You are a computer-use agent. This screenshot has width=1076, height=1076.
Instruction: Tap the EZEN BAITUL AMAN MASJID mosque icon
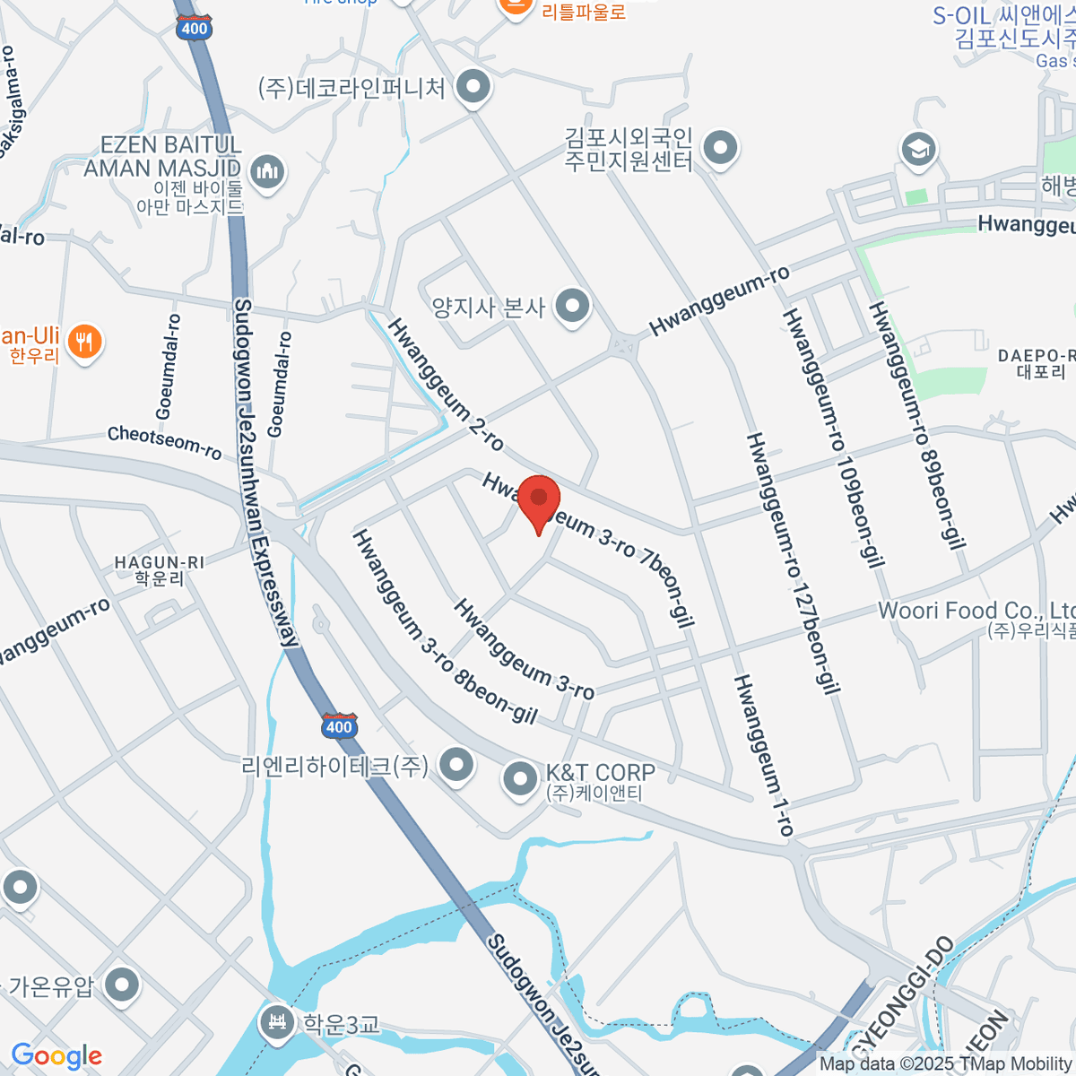point(266,170)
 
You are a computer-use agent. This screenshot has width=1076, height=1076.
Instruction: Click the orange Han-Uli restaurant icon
point(84,342)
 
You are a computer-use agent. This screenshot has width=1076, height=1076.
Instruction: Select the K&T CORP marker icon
point(520,778)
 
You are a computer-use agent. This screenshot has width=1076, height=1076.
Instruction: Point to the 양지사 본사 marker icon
point(571,307)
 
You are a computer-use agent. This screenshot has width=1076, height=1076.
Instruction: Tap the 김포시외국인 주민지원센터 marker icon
point(719,147)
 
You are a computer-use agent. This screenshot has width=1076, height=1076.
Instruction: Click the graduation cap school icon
point(919,149)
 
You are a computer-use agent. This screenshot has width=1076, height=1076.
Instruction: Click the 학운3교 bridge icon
point(276,1021)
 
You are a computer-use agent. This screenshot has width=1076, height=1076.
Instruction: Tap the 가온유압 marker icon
point(122,985)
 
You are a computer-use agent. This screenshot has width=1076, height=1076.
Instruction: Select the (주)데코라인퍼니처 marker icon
point(473,87)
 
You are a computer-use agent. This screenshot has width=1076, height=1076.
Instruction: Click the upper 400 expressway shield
point(194,28)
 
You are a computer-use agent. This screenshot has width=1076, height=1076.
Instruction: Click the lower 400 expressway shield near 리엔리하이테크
point(339,725)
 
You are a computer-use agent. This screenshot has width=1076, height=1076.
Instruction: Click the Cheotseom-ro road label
point(164,441)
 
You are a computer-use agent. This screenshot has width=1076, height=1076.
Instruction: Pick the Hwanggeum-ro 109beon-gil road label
point(833,438)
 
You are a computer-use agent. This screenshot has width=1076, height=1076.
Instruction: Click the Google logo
point(56,1056)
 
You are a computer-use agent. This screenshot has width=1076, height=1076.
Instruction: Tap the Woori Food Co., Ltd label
point(976,612)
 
